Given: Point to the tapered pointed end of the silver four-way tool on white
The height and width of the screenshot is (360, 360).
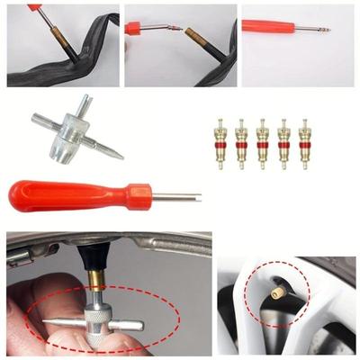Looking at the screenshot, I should pos(112,153).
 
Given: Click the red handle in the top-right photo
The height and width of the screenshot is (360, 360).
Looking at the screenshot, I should pos(270,26).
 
